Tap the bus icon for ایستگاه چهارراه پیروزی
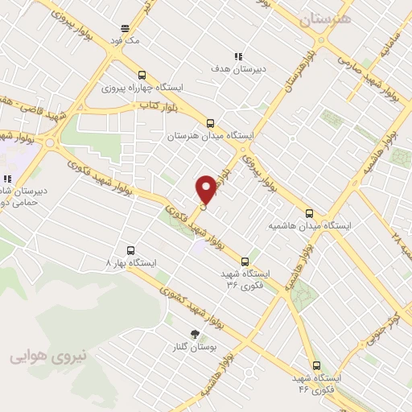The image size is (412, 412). coord(142,72)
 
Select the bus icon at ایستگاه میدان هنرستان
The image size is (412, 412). coord(211,123)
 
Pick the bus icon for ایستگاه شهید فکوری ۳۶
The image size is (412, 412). coord(245,261)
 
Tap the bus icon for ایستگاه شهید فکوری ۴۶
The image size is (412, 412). coord(316,365)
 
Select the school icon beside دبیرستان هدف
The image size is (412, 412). coord(237,56)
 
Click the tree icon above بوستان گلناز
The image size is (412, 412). coord(194,333)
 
